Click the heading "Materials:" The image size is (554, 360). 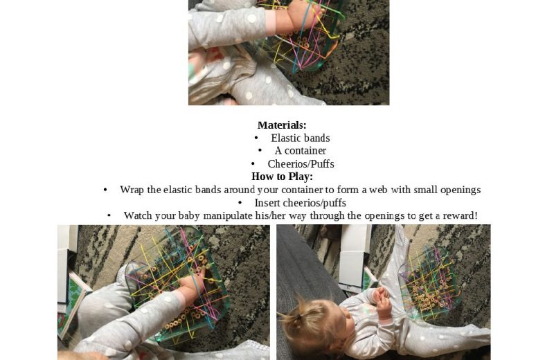click(x=282, y=125)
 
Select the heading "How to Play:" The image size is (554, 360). click(x=282, y=176)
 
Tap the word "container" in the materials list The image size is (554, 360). click(x=305, y=150)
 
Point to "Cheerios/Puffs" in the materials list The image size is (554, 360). click(x=301, y=163)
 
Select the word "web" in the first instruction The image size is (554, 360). click(x=379, y=190)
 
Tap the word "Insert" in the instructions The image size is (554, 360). click(x=267, y=203)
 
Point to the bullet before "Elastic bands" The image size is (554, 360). click(x=256, y=138)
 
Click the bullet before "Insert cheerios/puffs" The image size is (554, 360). click(x=240, y=203)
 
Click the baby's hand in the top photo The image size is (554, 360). click(x=298, y=14)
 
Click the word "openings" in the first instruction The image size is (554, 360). click(x=461, y=190)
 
